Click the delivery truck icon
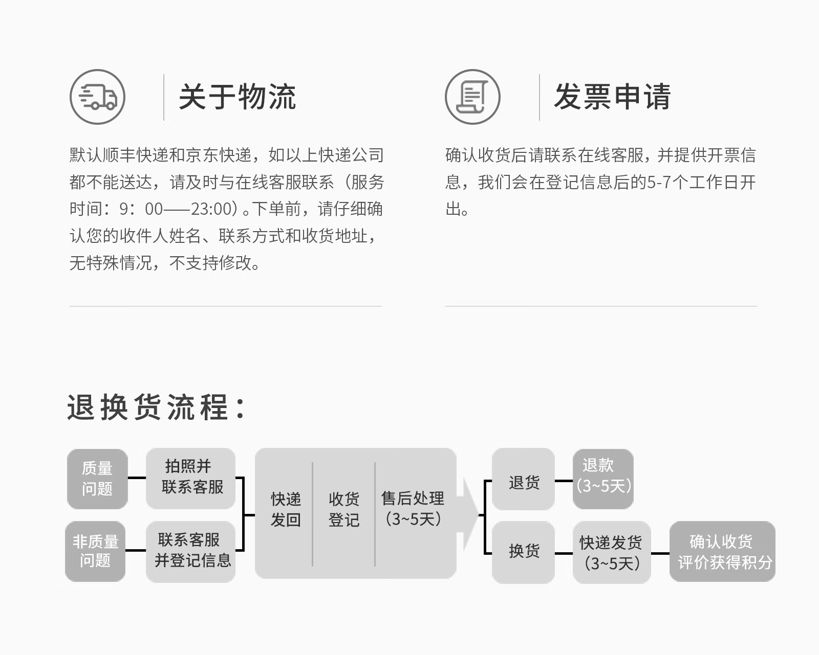(x=97, y=97)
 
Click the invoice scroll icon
(x=472, y=97)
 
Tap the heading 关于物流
(x=237, y=97)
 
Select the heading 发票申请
(x=612, y=97)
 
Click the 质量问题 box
(x=97, y=479)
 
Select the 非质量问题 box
(x=95, y=551)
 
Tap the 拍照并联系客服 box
(x=190, y=478)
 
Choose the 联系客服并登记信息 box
(x=190, y=551)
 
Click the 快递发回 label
(x=286, y=509)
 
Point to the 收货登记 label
(x=343, y=509)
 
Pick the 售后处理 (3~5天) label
(x=413, y=509)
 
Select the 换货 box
(x=523, y=552)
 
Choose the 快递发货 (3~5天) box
(x=611, y=552)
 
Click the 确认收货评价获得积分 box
(x=722, y=552)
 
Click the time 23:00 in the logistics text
(x=211, y=209)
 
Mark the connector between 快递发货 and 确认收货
(x=660, y=553)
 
